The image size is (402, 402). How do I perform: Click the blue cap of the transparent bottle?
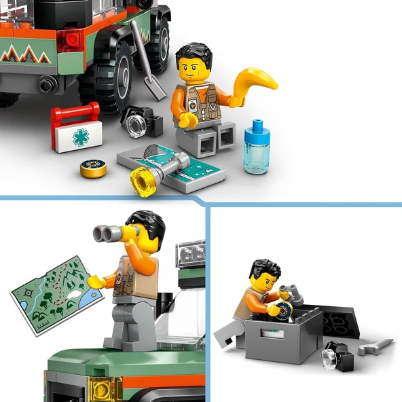(x=255, y=128)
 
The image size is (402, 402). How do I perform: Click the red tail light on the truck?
(x=70, y=40)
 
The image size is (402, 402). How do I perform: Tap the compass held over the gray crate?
(x=280, y=310)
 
